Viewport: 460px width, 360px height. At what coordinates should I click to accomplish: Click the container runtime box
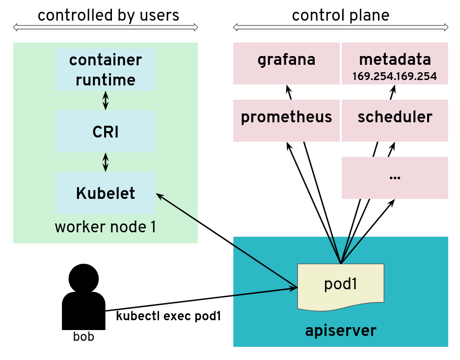(x=106, y=69)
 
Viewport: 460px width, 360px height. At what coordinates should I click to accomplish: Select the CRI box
(x=106, y=131)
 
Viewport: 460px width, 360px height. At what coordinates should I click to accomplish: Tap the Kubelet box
(x=106, y=193)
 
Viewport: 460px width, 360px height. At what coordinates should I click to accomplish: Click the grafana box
(x=286, y=63)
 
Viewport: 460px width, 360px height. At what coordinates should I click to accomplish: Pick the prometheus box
(x=286, y=120)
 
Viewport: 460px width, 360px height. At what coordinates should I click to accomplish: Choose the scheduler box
(x=395, y=120)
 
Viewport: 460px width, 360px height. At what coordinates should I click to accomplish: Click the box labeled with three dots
(x=395, y=178)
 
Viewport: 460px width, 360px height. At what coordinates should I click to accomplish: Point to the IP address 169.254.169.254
(x=395, y=77)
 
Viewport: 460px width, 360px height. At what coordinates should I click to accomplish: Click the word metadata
(x=395, y=60)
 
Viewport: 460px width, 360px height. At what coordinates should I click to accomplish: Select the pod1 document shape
(x=340, y=286)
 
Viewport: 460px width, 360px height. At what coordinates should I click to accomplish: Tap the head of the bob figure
(x=83, y=278)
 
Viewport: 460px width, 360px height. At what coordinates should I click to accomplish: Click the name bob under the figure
(x=83, y=337)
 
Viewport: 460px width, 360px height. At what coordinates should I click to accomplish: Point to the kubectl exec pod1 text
(x=168, y=316)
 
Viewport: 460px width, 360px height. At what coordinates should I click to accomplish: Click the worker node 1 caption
(x=105, y=227)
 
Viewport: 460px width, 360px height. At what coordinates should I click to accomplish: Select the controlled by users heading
(x=108, y=15)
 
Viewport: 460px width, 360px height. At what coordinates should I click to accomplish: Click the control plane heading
(x=340, y=15)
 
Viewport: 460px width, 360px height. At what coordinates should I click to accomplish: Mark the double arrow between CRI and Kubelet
(x=105, y=162)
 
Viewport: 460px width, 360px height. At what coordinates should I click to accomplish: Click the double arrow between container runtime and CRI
(x=105, y=101)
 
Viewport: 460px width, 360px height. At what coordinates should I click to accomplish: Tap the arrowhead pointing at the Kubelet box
(x=159, y=195)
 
